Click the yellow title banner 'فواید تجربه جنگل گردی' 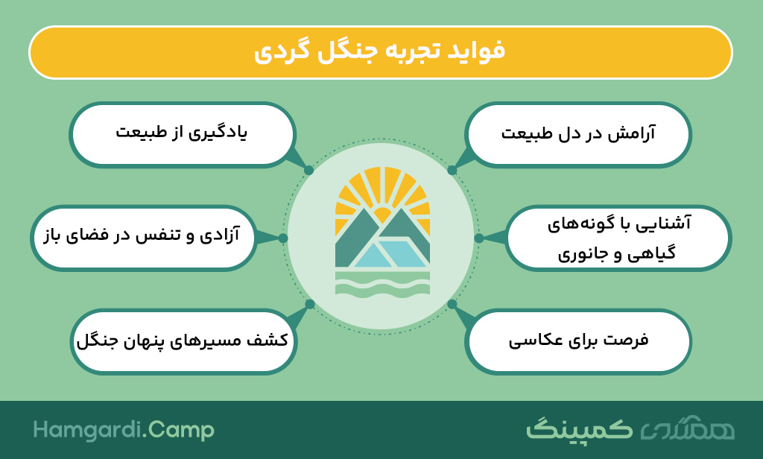(x=381, y=53)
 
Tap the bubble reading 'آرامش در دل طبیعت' (x=577, y=134)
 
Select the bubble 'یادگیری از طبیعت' (x=183, y=134)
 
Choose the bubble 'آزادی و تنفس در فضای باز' (x=143, y=238)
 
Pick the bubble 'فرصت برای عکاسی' (x=577, y=341)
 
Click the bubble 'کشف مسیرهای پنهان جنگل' (x=183, y=341)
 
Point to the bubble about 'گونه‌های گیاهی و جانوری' (x=618, y=238)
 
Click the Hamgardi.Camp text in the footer (x=124, y=430)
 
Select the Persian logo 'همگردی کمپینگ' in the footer (x=630, y=428)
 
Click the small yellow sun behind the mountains (x=382, y=215)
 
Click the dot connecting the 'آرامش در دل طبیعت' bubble (x=452, y=171)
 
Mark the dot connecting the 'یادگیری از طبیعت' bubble (x=308, y=171)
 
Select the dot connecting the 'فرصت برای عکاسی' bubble (x=452, y=304)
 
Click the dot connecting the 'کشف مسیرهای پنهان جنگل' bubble (x=310, y=304)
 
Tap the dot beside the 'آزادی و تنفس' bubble (x=283, y=238)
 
